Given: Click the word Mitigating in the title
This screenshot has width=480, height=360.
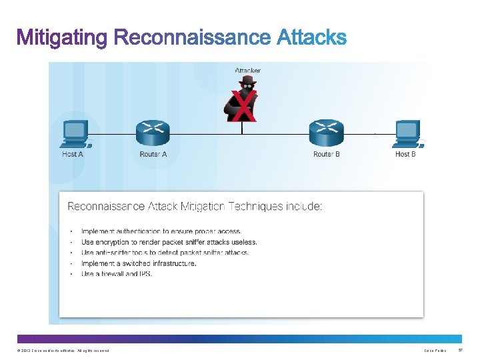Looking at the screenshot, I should tap(62, 38).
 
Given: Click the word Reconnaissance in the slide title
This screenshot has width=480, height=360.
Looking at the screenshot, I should tap(193, 37).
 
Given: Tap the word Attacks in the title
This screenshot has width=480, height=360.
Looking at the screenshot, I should tap(311, 37).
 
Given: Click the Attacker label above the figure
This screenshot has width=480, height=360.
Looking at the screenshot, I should tap(247, 70).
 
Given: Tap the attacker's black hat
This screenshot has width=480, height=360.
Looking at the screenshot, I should tap(247, 81).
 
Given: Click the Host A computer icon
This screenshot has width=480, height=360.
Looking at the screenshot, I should tap(75, 133).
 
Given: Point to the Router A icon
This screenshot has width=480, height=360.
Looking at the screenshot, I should tap(153, 133).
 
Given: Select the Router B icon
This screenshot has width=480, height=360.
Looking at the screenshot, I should tap(326, 133).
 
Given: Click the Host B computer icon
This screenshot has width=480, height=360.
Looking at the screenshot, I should tap(407, 133).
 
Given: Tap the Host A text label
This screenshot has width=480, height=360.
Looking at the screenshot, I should tap(73, 155).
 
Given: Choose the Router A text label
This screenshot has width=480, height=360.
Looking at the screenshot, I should tap(153, 155).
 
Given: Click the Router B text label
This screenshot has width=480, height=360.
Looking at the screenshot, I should tap(327, 155).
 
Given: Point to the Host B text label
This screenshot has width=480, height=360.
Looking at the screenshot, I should tap(405, 155).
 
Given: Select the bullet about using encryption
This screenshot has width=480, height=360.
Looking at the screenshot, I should tap(169, 242).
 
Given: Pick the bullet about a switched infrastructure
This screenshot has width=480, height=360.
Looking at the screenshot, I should tap(139, 263).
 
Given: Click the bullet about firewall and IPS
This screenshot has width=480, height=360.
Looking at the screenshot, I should tap(117, 274).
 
